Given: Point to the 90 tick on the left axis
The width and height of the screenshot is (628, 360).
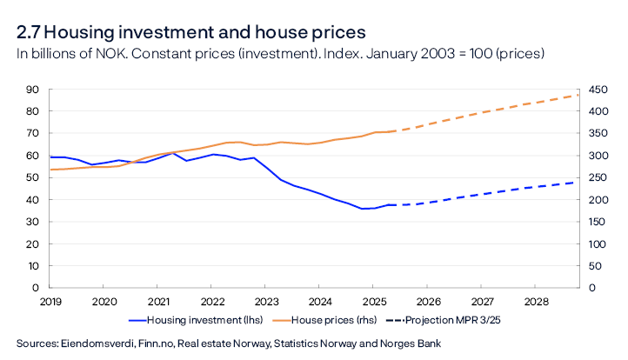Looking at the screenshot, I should point(33,90).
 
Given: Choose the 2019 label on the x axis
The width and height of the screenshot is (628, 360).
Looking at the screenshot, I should point(50,301).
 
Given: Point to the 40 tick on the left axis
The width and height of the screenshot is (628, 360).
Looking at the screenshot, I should point(33,199).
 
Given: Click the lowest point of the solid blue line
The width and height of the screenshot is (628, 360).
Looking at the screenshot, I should point(364,209).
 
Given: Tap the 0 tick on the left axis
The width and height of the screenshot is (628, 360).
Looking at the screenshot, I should point(36,287).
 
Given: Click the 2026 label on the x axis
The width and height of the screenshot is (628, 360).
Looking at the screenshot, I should point(427,301).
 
